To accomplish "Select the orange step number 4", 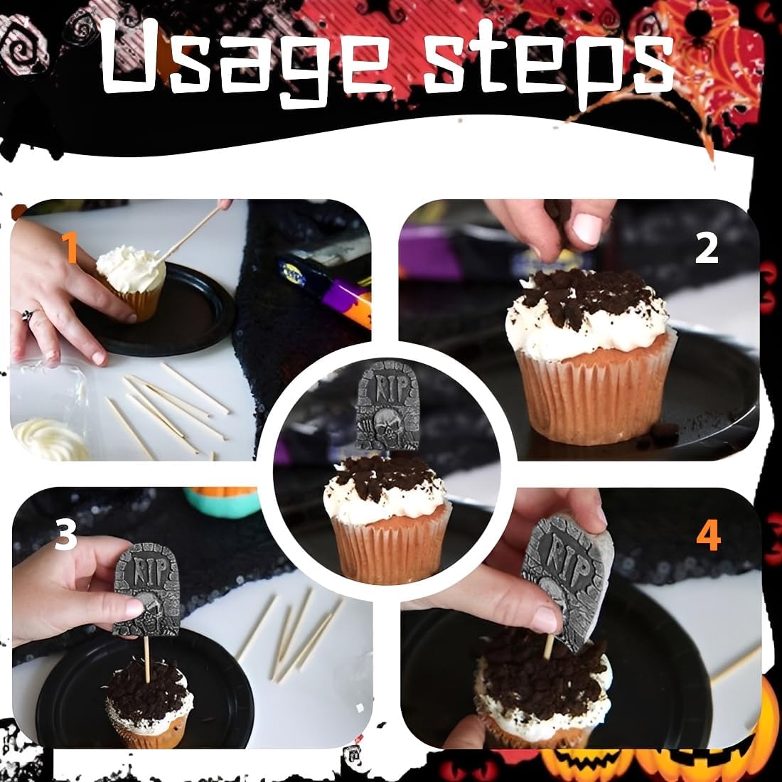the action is pos(709,535).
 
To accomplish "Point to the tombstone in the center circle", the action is pos(387,406).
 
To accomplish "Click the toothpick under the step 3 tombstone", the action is pos(146,659).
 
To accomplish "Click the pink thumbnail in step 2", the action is pos(587,228).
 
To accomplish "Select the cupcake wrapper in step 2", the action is pos(594,394).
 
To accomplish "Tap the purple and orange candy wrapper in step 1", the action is pos(327,289).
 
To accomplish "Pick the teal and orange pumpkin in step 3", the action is pos(222,502).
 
